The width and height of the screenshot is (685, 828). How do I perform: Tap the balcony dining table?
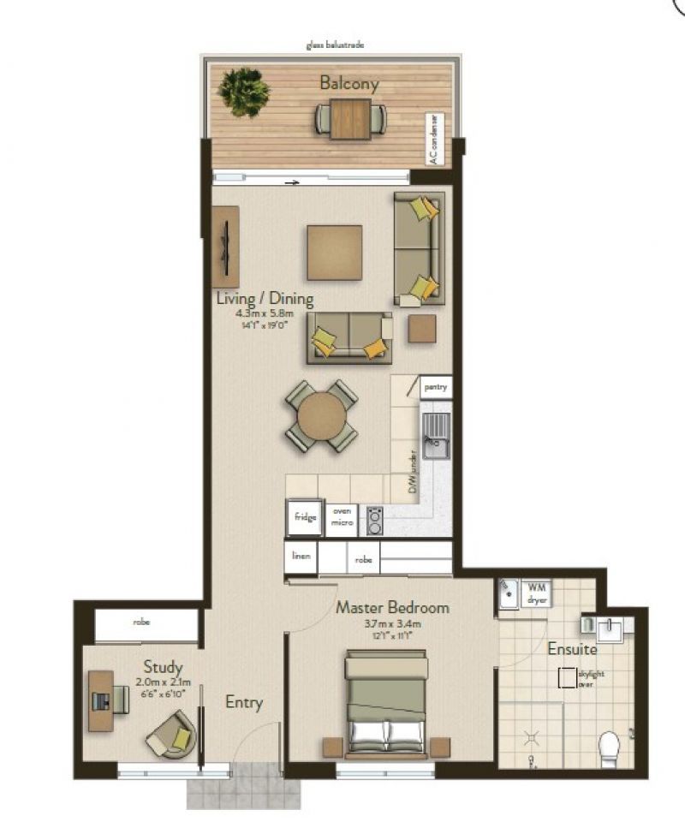[350, 119]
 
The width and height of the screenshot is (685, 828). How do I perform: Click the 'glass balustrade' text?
[335, 44]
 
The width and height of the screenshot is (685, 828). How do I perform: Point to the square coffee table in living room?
[334, 252]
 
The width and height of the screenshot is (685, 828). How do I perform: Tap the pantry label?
[436, 388]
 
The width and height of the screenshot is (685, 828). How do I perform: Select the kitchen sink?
[436, 436]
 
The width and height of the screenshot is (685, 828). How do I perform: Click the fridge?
[305, 517]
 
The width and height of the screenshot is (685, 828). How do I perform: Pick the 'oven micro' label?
[342, 518]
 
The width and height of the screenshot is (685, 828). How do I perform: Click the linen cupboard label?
[301, 557]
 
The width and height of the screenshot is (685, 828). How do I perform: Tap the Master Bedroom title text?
[391, 607]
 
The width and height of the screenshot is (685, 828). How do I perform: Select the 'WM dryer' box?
[537, 593]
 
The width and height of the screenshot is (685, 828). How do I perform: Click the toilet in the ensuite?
[610, 747]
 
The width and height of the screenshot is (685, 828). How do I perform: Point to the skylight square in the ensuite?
[567, 678]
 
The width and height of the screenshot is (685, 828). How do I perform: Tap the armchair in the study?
[172, 735]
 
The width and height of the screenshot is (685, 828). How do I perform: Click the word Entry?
[243, 703]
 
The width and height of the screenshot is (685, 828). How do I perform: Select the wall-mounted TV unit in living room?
[225, 247]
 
